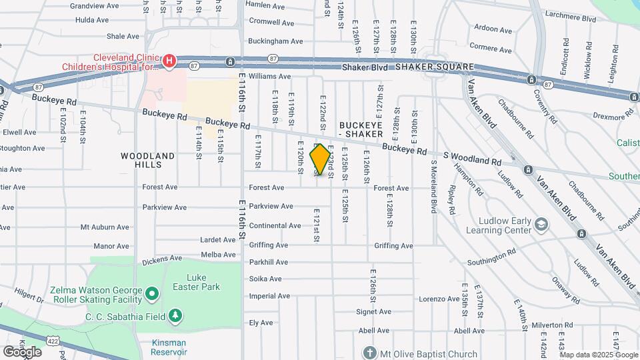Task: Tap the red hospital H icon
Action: point(169,62)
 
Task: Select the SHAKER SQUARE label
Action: point(435,67)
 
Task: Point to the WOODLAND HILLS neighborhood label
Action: point(148,160)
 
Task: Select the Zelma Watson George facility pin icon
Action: point(152,293)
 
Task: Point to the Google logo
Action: point(22,351)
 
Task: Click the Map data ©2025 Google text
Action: point(591,354)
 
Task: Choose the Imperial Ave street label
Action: point(269,296)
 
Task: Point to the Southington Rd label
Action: point(492,261)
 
